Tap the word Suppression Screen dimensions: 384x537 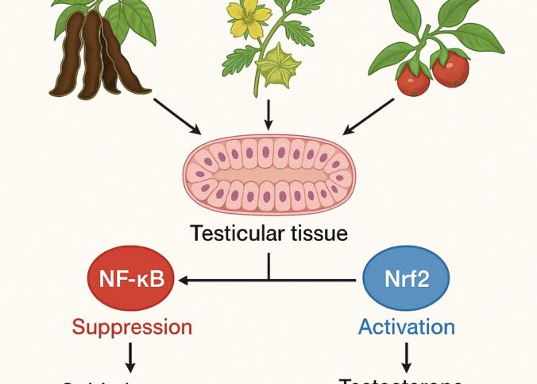(133, 327)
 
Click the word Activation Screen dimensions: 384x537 (406, 327)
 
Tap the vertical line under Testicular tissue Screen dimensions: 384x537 (268, 266)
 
